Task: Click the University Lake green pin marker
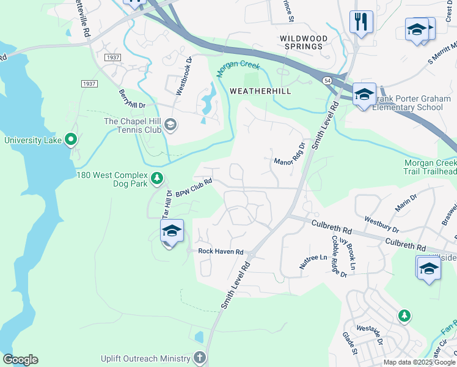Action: point(71,141)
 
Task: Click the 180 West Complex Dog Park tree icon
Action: point(158,179)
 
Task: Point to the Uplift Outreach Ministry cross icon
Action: point(199,358)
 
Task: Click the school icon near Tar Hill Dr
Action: point(172,231)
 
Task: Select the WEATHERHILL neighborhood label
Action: point(260,91)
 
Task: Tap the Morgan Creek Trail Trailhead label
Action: point(430,168)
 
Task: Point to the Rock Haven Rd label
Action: point(220,251)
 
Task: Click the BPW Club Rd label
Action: point(194,188)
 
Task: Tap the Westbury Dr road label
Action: point(381,224)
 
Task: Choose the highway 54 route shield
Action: point(327,81)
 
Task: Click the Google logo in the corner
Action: point(20,360)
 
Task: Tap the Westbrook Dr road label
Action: point(183,76)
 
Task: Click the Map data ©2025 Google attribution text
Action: point(419,362)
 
